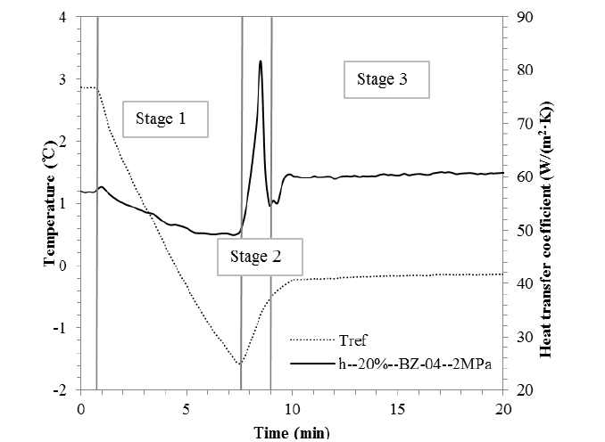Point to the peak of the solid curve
[x=260, y=61]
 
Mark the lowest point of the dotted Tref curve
[x=240, y=364]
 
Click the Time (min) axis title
[x=291, y=432]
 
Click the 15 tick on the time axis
[x=398, y=408]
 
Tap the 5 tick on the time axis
[x=186, y=408]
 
